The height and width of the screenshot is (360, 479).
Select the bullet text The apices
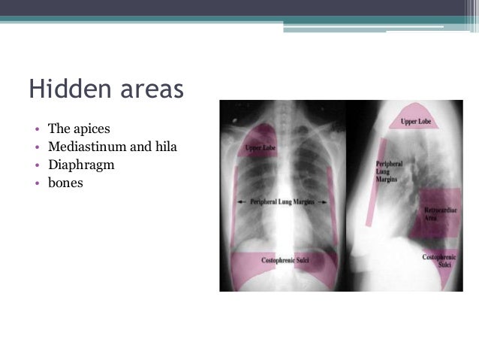click(x=79, y=129)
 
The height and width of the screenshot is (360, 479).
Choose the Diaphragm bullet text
click(x=81, y=163)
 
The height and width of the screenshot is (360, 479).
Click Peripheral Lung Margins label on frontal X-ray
click(x=285, y=202)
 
